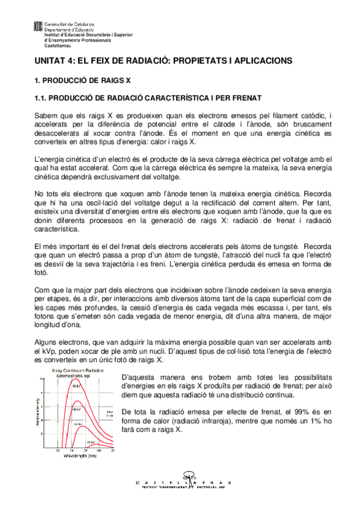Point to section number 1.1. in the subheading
tap(40, 97)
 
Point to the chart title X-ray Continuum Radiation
tap(75, 370)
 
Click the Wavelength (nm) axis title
tap(77, 455)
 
